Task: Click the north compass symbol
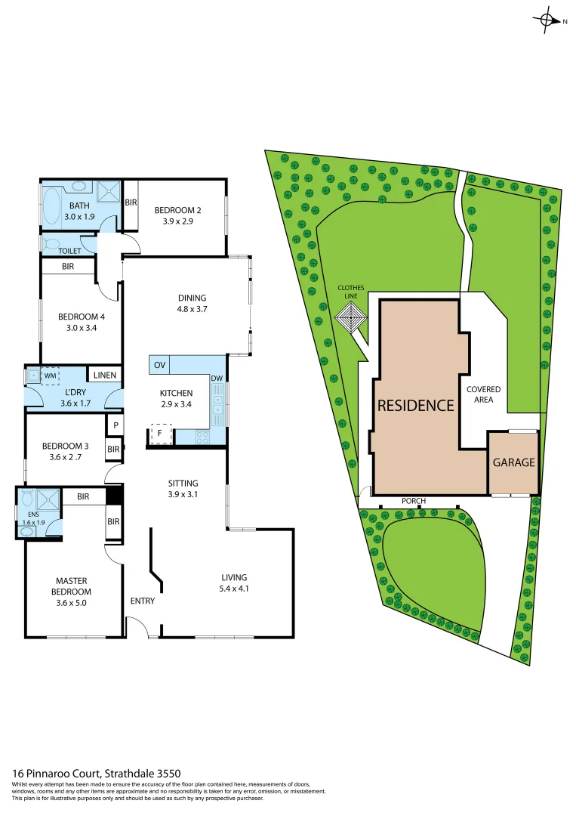547,21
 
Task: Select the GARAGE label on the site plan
513,462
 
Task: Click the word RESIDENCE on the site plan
415,405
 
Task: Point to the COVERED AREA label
483,394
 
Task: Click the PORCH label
413,501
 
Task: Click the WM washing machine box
51,375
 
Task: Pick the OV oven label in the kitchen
159,365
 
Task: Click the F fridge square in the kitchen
159,435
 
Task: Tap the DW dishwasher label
216,378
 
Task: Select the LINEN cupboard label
105,374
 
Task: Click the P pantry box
116,425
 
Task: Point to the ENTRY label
142,601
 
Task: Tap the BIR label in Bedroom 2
131,202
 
